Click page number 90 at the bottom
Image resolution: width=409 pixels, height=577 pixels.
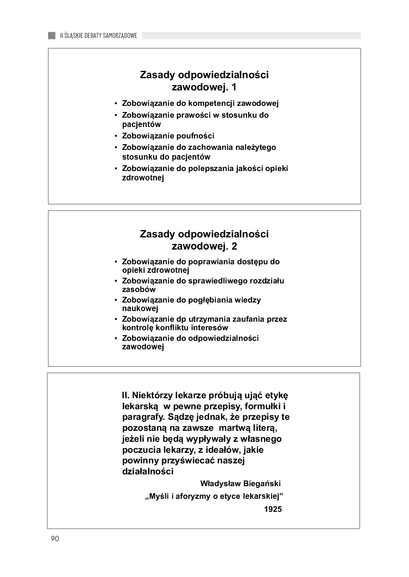[55, 539]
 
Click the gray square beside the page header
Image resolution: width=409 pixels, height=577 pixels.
[52, 35]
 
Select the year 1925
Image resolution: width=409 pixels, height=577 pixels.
[273, 509]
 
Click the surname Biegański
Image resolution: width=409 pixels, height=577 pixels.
[262, 484]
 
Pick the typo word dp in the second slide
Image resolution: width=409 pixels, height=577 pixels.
[181, 319]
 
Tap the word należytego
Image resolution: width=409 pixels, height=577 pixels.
[255, 147]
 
